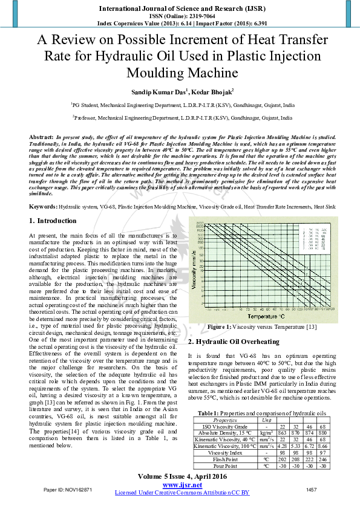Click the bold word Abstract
click(41, 138)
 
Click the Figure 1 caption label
click(219, 327)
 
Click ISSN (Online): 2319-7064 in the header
click(180, 16)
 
